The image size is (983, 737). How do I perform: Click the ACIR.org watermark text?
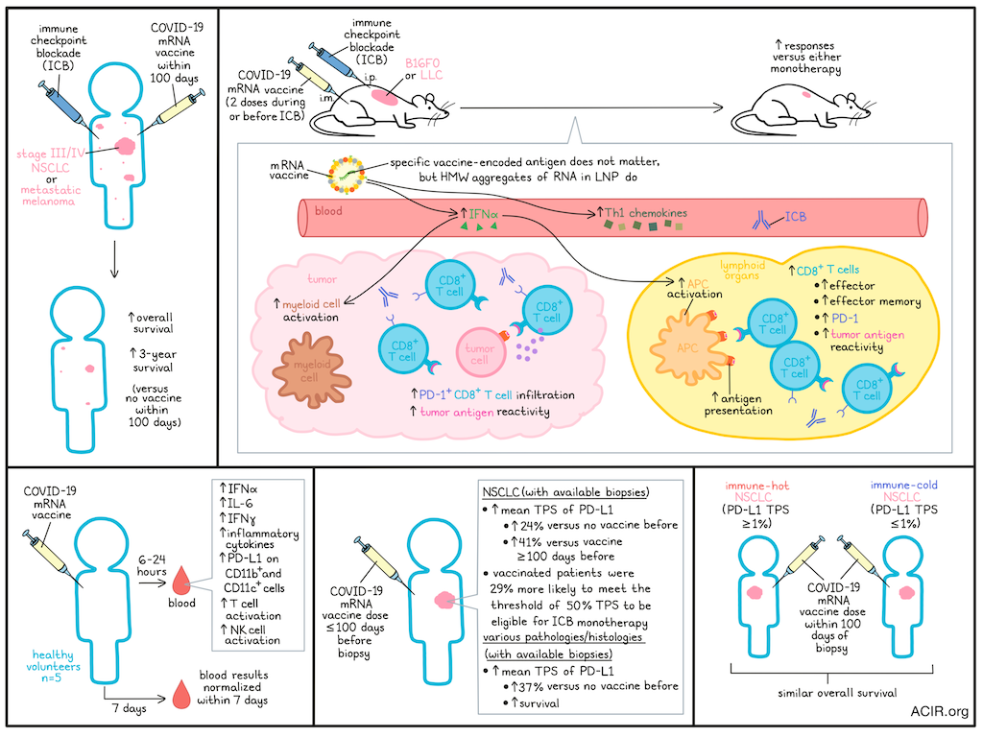[939, 711]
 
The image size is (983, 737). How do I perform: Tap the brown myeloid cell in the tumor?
[311, 369]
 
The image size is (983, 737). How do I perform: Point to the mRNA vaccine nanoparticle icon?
[346, 176]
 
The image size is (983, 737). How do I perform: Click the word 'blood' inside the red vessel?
[328, 211]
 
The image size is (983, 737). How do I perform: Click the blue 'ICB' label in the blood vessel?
[796, 217]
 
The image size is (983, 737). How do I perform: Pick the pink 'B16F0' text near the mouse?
[422, 63]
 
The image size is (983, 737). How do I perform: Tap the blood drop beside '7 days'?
[181, 695]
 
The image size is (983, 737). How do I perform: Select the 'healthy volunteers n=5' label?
[54, 666]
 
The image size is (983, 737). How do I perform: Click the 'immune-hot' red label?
[756, 486]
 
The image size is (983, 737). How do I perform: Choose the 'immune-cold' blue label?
[904, 485]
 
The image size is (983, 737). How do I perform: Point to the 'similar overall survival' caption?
[837, 693]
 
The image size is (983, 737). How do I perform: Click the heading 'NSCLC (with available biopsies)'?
[565, 492]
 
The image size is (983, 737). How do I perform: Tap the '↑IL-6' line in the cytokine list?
[236, 503]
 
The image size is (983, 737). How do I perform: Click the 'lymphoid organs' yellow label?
[742, 270]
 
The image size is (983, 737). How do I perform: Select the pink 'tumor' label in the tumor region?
[323, 279]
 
